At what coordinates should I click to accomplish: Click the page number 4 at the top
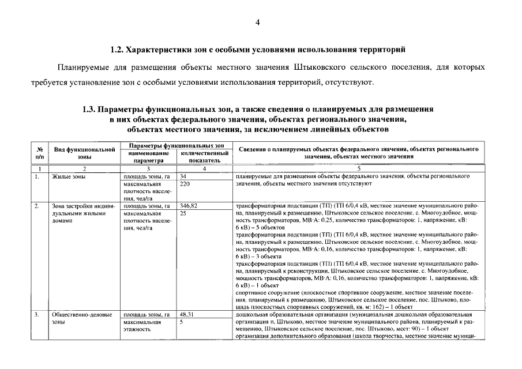[258, 22]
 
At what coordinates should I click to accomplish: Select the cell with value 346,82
[189, 206]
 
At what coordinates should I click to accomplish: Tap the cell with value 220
[185, 184]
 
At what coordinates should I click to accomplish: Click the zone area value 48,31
[186, 315]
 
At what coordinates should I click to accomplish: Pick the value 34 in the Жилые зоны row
[183, 176]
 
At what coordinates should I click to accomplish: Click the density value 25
[183, 213]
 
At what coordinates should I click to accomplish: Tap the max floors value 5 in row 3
[182, 322]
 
